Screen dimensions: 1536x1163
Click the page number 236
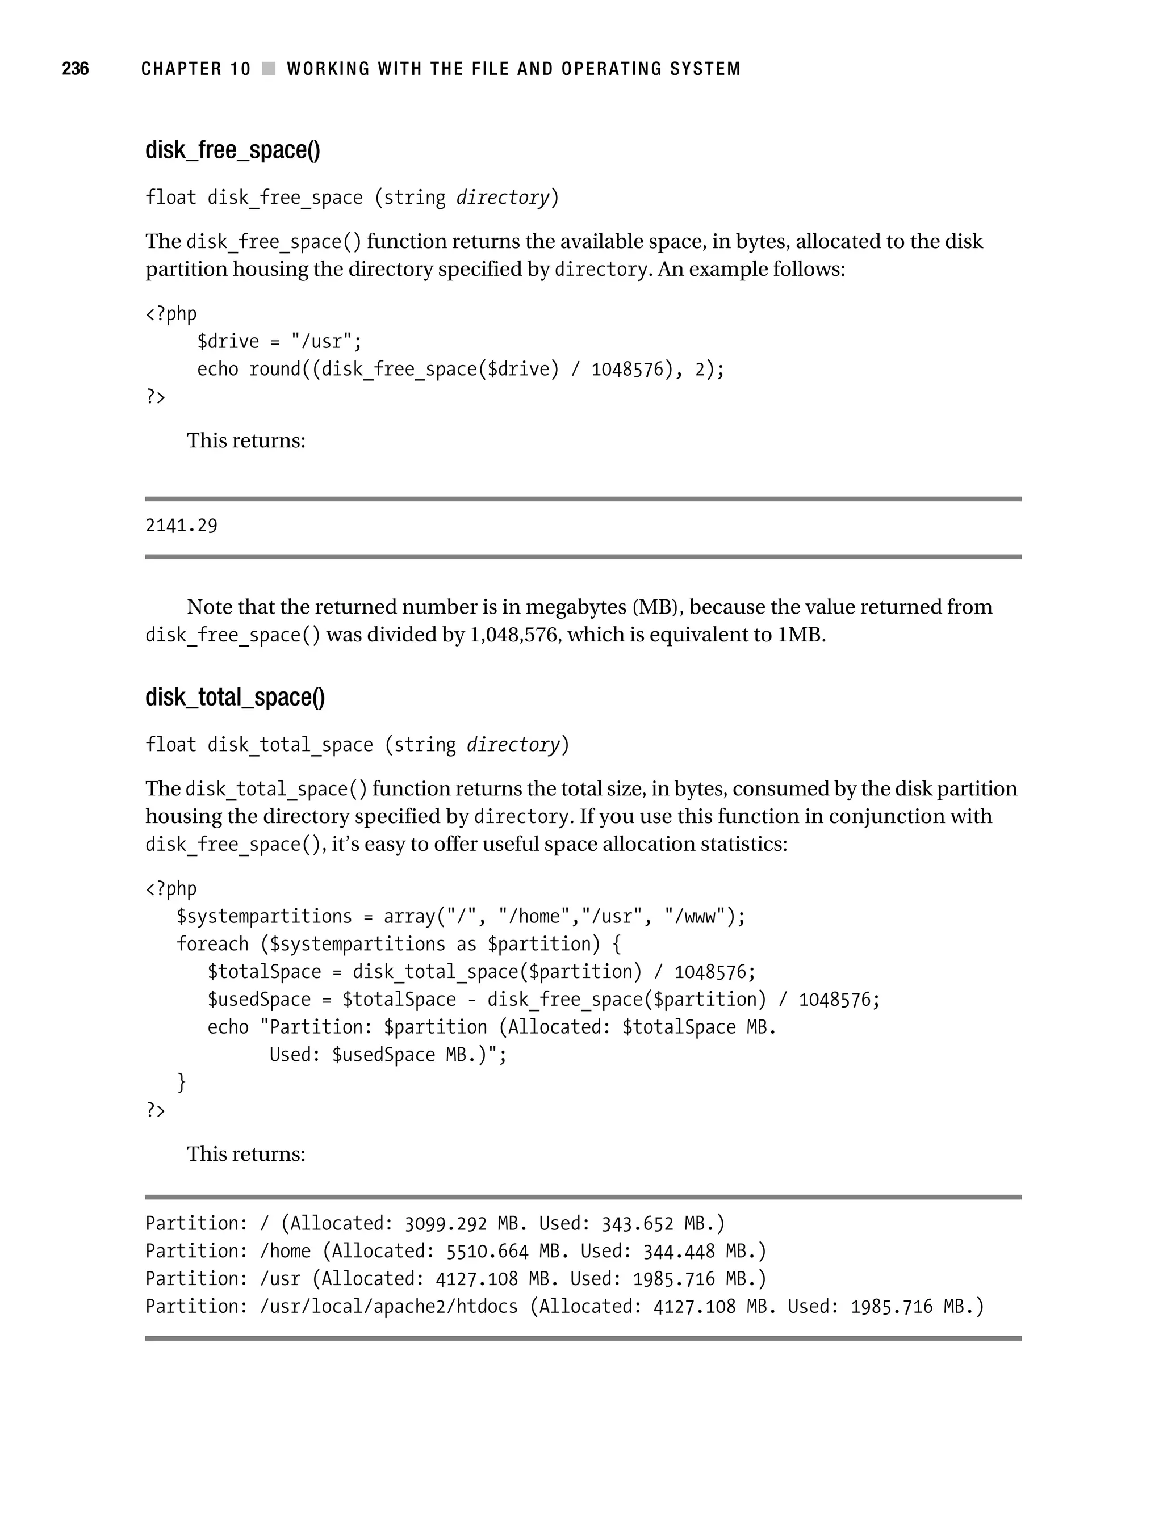[75, 69]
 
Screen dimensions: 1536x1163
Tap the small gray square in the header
[268, 69]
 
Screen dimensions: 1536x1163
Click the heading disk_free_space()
[233, 150]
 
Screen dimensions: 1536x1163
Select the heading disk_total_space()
[235, 697]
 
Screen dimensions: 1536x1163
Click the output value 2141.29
[181, 526]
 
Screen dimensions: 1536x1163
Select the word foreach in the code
[212, 945]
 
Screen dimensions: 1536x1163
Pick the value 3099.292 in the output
[445, 1224]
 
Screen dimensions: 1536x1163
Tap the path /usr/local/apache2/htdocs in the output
[388, 1307]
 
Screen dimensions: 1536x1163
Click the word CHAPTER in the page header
[180, 69]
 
